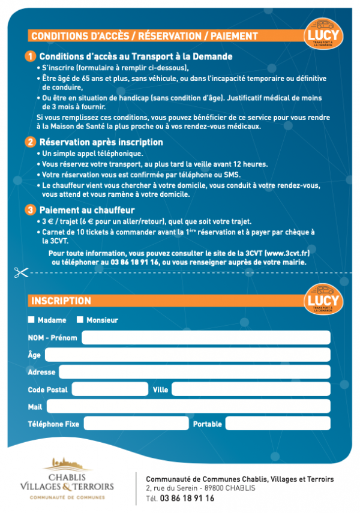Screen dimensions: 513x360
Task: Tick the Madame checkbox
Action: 31,320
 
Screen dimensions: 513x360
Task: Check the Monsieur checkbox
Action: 80,320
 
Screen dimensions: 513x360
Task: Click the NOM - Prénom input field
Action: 206,338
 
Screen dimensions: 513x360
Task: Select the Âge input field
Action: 187,355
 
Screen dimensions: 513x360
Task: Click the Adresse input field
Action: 194,372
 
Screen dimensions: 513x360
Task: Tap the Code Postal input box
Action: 110,389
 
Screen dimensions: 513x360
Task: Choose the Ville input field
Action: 251,389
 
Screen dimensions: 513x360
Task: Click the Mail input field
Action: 188,406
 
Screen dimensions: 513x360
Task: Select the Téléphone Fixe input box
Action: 136,424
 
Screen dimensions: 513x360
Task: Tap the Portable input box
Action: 278,424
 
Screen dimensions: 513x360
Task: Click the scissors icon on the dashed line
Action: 21,272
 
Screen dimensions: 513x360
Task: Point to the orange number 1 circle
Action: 31,56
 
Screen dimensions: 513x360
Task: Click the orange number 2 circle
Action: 31,142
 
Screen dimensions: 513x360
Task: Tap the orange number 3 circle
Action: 31,210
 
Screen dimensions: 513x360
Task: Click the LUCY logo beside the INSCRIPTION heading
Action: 322,301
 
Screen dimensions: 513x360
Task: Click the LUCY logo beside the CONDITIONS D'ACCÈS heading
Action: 322,37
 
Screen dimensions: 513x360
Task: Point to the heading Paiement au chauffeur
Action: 86,210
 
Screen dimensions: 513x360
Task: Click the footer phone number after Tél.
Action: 187,498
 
